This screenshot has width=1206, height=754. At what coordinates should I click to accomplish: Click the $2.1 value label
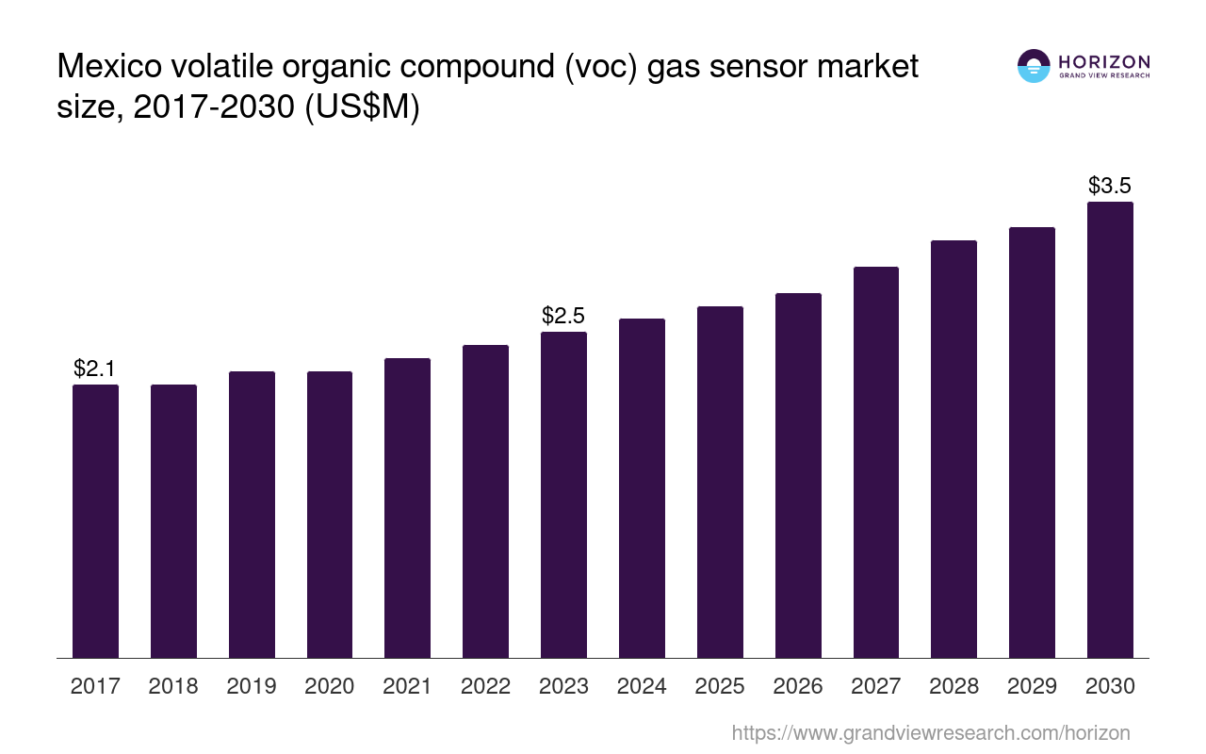point(94,369)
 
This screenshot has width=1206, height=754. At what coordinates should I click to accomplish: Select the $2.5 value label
point(563,316)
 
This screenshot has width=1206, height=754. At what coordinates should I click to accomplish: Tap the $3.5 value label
point(1110,185)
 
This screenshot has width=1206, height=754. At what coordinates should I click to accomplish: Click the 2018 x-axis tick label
point(173,686)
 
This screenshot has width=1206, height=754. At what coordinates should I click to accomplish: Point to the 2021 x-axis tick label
point(408,686)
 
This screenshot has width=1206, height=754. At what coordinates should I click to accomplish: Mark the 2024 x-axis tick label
point(642,686)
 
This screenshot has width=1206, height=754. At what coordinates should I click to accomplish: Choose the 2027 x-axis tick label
point(876,686)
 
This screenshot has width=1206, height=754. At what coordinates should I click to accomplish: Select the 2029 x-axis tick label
point(1032,686)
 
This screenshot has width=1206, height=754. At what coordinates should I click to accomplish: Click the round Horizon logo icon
point(1034,66)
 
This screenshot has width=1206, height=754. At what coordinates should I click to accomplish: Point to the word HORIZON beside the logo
point(1104,61)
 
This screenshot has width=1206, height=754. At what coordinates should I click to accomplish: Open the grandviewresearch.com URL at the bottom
point(930,732)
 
